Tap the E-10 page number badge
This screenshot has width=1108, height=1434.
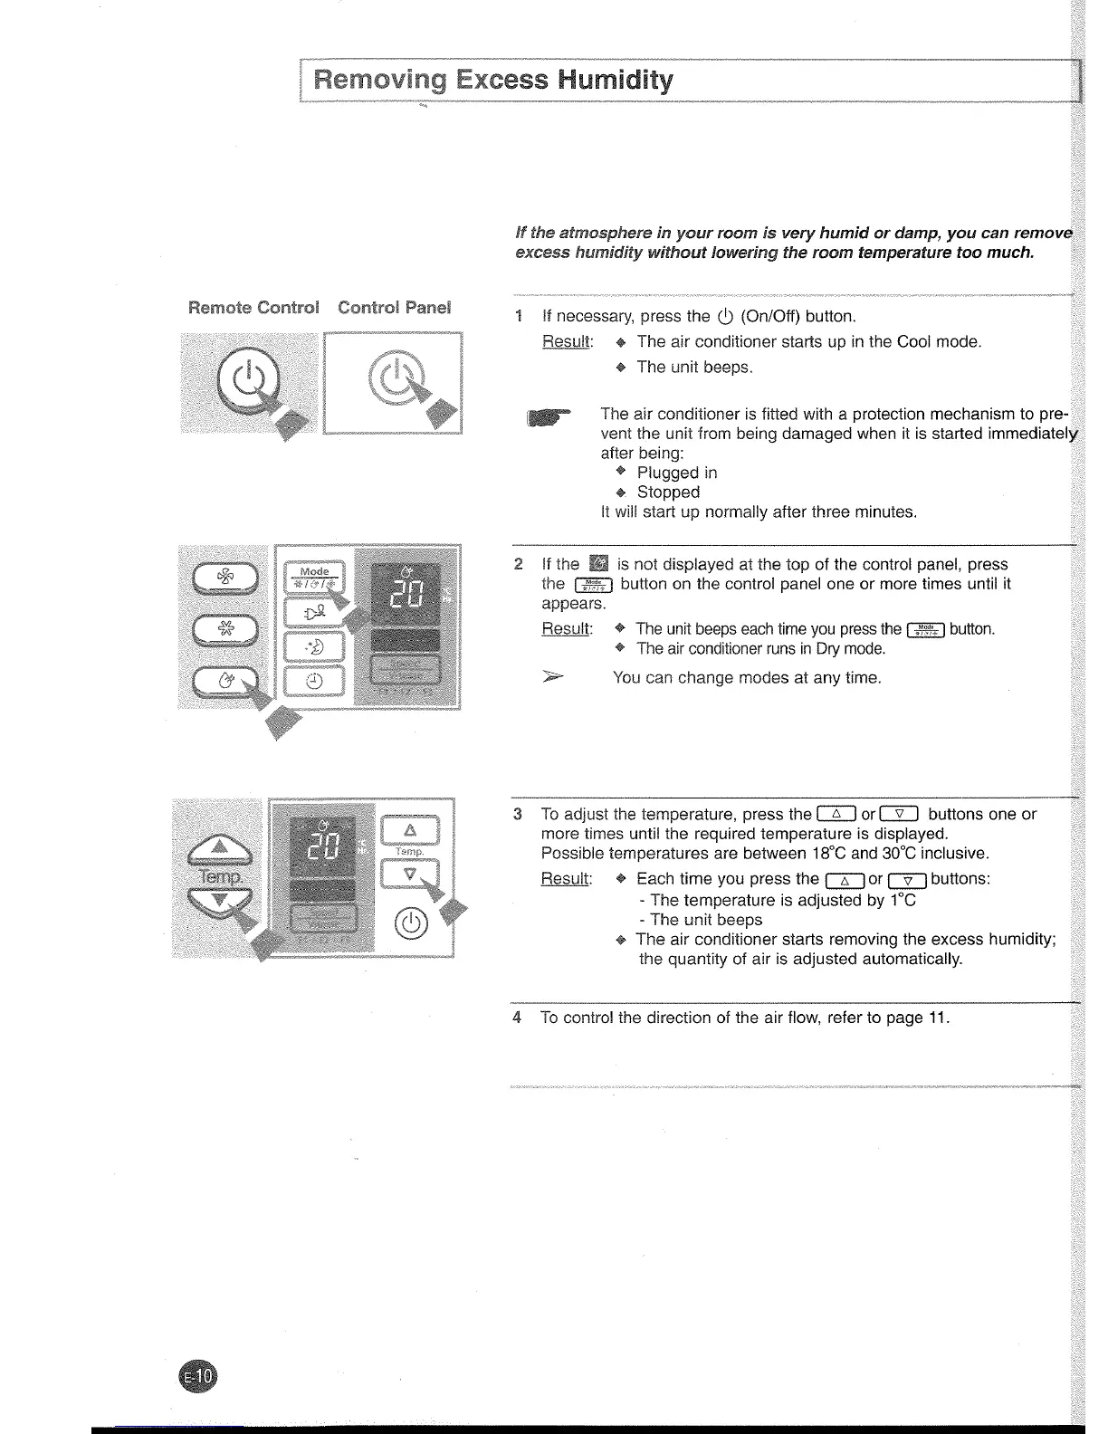pos(198,1378)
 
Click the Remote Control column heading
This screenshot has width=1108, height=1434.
pos(253,307)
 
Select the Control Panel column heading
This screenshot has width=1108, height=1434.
pos(394,307)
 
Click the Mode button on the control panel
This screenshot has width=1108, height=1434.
pos(314,577)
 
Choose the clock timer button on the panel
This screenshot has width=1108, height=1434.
pos(313,681)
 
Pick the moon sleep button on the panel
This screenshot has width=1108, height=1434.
pos(313,646)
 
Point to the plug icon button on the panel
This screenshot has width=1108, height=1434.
pos(313,613)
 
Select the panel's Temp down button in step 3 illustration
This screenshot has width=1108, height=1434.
pos(409,875)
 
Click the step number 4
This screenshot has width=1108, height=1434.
pos(517,1018)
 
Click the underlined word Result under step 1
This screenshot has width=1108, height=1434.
pos(567,341)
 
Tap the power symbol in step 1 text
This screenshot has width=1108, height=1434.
pos(724,317)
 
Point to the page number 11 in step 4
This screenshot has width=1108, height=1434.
pos(937,1018)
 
